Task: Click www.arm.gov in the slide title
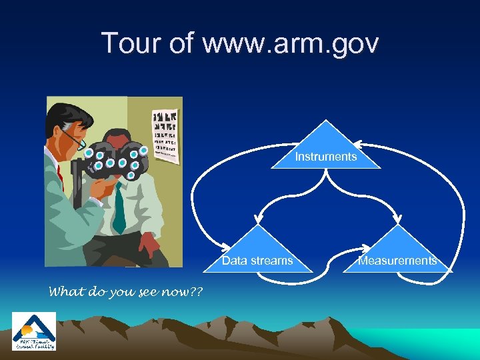tap(291, 44)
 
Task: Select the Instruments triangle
tap(326, 148)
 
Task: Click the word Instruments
tap(326, 157)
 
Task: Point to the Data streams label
tap(257, 261)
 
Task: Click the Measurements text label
tap(398, 261)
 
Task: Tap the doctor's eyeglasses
tap(75, 138)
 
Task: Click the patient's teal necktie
tap(119, 207)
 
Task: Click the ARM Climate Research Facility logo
tap(34, 331)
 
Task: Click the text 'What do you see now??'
tap(127, 291)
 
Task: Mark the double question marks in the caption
tap(197, 291)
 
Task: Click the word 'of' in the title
tap(181, 44)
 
